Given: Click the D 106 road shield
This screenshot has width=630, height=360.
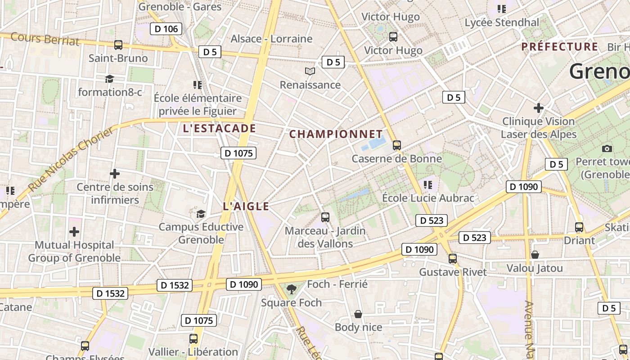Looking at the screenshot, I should [166, 29].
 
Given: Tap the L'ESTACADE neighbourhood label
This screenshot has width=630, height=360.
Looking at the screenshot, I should [219, 128].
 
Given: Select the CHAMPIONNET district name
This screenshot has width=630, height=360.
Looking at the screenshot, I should [336, 134].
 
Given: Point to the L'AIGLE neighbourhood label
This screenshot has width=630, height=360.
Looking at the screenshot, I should [246, 207].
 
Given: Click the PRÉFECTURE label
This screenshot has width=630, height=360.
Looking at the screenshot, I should [560, 47].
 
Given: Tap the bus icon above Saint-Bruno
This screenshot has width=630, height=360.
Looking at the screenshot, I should [118, 45].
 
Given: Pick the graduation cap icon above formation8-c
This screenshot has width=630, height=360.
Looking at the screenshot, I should [109, 79].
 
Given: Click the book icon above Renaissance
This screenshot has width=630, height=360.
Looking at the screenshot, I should [310, 71].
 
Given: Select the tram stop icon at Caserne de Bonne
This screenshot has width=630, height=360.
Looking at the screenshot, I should [396, 145].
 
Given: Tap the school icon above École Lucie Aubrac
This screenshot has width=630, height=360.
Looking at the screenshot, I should [427, 184].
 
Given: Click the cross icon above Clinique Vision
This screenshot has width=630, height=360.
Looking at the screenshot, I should [538, 108].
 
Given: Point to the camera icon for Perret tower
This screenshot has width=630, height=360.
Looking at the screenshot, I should [607, 148].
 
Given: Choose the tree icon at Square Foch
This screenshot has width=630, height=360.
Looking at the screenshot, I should [292, 289].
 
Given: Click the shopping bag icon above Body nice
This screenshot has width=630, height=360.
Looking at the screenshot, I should [358, 314].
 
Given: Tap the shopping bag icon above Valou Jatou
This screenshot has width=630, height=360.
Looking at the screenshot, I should [535, 255].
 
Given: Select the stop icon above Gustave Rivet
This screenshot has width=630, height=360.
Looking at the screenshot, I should [453, 259].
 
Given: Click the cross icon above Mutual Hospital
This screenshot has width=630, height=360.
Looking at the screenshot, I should [74, 232].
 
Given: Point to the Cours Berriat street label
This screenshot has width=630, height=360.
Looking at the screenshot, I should [45, 39].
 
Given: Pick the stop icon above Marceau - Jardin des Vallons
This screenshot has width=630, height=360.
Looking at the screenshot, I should [325, 217].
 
